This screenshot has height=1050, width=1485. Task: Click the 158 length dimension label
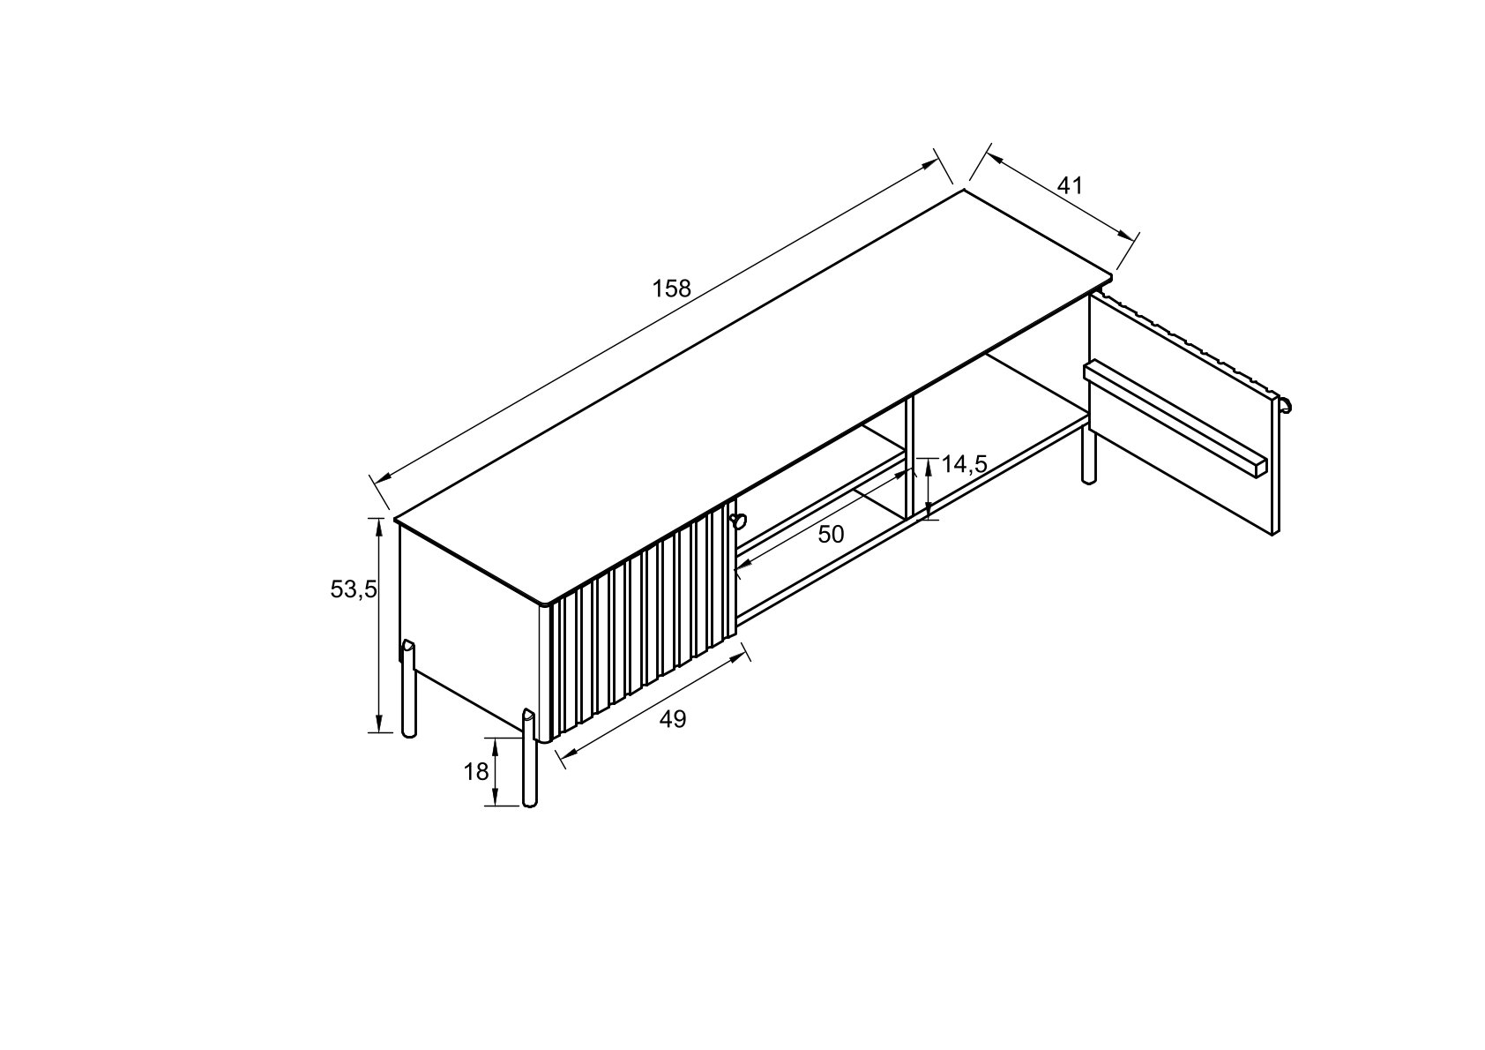point(671,288)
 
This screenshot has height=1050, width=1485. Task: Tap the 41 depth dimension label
point(1069,185)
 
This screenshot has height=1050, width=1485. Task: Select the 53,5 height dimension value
point(354,589)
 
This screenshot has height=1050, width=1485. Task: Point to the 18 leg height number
point(476,772)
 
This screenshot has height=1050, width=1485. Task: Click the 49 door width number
point(673,719)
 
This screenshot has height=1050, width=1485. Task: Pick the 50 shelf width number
point(831,534)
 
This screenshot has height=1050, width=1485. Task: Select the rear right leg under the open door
point(1088,454)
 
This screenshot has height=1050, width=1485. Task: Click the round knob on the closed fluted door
point(736,519)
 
